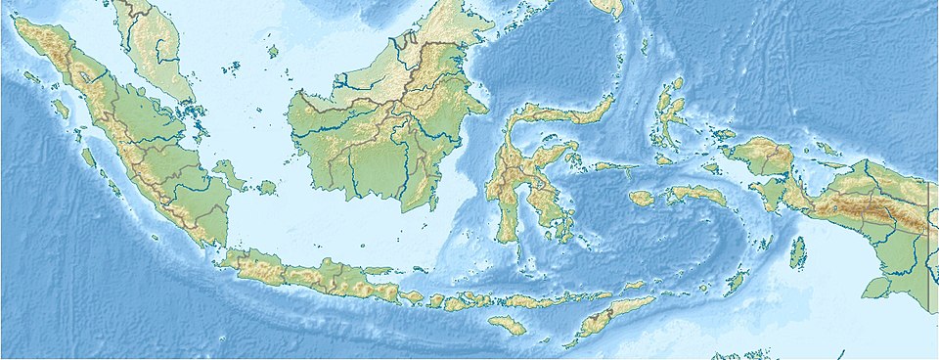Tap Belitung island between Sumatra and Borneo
[266, 186]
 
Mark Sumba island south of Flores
[507, 325]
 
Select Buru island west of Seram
[642, 198]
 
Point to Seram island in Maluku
[697, 196]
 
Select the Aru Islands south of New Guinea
[798, 251]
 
